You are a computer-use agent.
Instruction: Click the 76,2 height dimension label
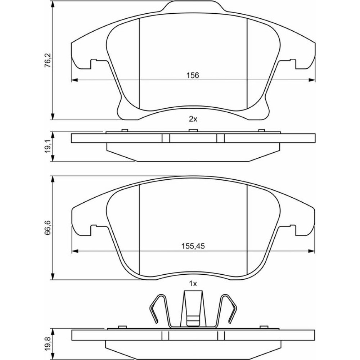49,60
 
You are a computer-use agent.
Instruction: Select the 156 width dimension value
193,75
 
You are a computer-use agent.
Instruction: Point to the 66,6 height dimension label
49,228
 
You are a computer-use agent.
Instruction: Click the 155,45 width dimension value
193,246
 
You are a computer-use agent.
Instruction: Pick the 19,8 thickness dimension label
49,343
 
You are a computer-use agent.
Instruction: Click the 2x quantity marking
193,119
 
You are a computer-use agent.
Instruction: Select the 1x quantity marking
193,284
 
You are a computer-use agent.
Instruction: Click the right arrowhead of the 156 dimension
312,80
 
